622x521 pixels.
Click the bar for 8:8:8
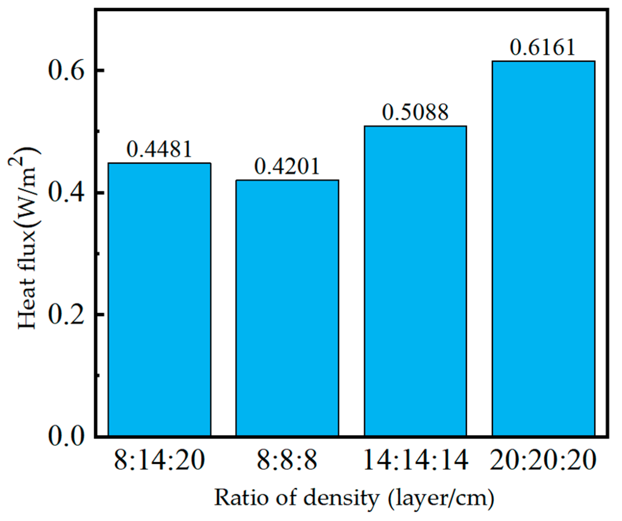point(287,308)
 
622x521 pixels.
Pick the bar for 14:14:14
point(415,281)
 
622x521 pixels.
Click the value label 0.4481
point(159,149)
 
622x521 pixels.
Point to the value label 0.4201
point(287,166)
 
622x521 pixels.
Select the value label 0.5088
point(415,112)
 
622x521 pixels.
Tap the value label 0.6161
point(543,47)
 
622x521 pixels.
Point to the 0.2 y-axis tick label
point(66,314)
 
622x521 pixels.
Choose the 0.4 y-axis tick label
point(66,193)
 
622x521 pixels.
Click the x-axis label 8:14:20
point(159,461)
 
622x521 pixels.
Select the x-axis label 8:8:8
point(287,461)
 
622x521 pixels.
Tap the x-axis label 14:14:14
point(415,461)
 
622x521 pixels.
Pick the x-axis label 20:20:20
point(543,461)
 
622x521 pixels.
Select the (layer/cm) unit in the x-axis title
point(441,498)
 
